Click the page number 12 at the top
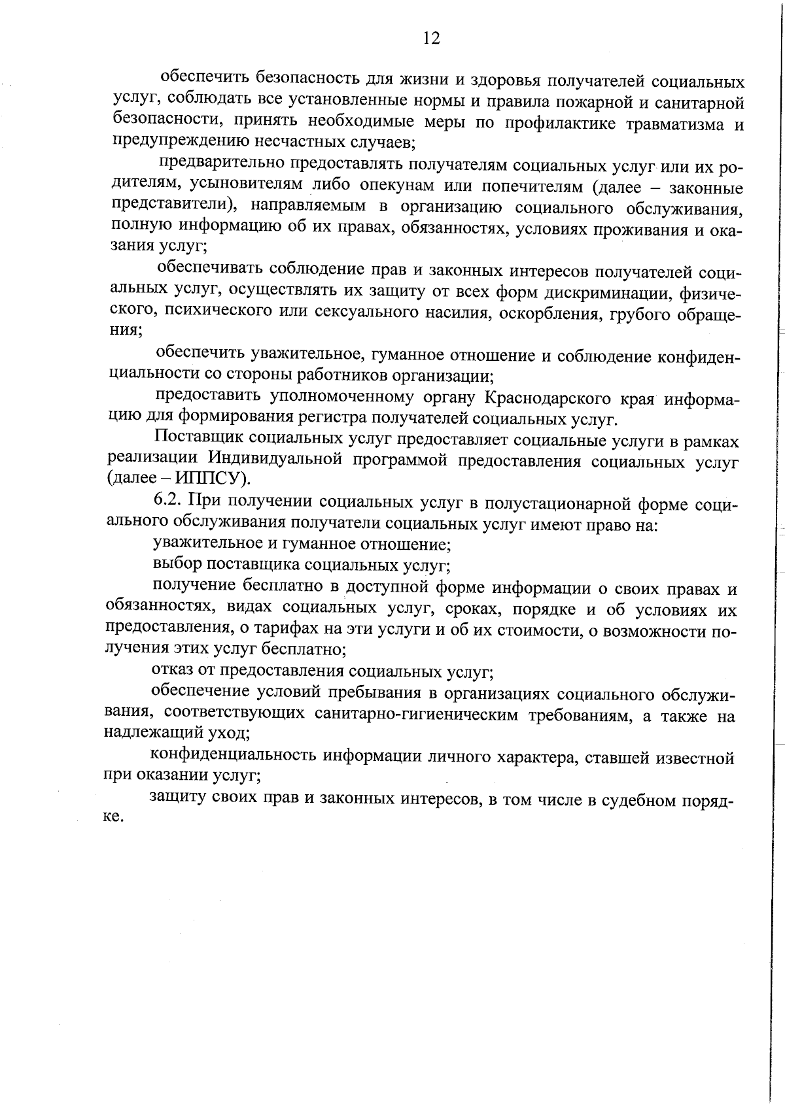click(x=431, y=38)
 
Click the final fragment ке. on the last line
click(x=113, y=817)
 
